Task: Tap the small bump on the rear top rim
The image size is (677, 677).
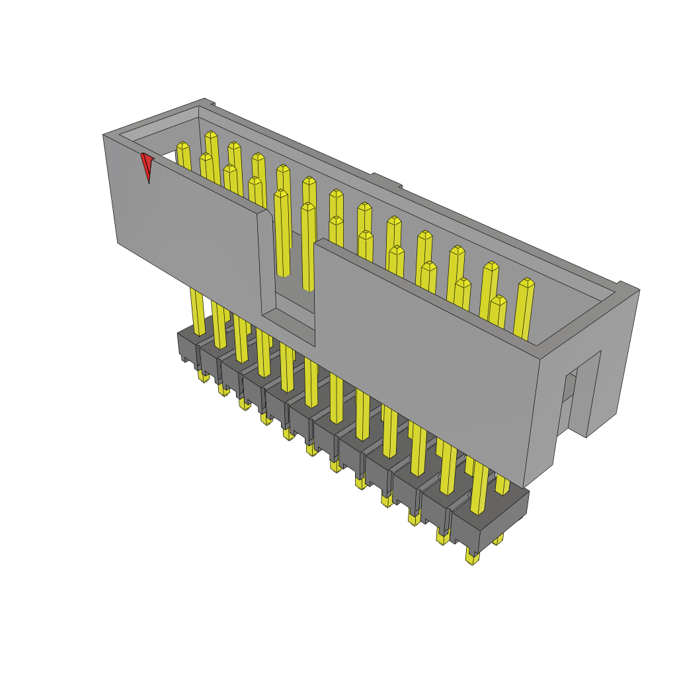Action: [385, 180]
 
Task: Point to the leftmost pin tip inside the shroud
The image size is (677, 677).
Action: [183, 146]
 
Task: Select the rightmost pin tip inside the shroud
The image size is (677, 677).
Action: [526, 282]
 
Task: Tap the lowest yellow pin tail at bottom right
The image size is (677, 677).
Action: [472, 559]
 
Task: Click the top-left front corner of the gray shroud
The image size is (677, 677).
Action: [104, 136]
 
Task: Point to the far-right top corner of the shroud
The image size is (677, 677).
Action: [639, 290]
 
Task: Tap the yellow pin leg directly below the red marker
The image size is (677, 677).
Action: [197, 311]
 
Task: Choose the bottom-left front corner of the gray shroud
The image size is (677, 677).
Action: [118, 243]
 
